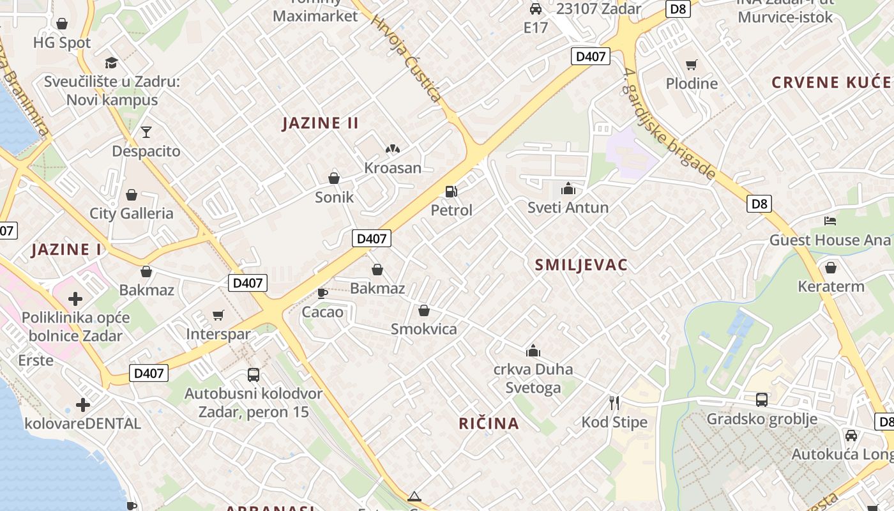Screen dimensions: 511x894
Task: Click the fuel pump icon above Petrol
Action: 451,191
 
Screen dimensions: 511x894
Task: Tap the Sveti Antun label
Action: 568,208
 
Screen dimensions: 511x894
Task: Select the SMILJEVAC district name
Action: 581,265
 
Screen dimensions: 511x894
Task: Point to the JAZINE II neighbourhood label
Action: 321,123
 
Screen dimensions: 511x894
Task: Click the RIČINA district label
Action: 489,423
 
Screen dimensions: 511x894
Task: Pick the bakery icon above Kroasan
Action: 392,149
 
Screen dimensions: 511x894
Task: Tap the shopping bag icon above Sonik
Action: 333,178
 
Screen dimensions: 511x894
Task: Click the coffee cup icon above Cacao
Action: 322,293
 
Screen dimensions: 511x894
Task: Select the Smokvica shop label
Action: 424,329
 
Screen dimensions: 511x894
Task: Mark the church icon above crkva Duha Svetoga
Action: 533,351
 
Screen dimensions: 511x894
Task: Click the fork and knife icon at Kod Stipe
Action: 614,403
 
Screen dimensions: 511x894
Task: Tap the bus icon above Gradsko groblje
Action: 761,400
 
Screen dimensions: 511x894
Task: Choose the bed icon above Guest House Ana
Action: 830,221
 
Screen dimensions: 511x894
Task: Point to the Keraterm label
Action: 831,286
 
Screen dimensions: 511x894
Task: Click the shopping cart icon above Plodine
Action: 691,65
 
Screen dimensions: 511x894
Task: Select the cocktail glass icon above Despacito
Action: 146,132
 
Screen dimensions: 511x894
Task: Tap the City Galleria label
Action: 132,213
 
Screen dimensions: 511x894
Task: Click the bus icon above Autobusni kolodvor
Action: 254,375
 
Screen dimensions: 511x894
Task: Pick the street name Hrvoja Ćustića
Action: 406,58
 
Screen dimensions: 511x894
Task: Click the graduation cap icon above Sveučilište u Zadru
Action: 112,63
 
